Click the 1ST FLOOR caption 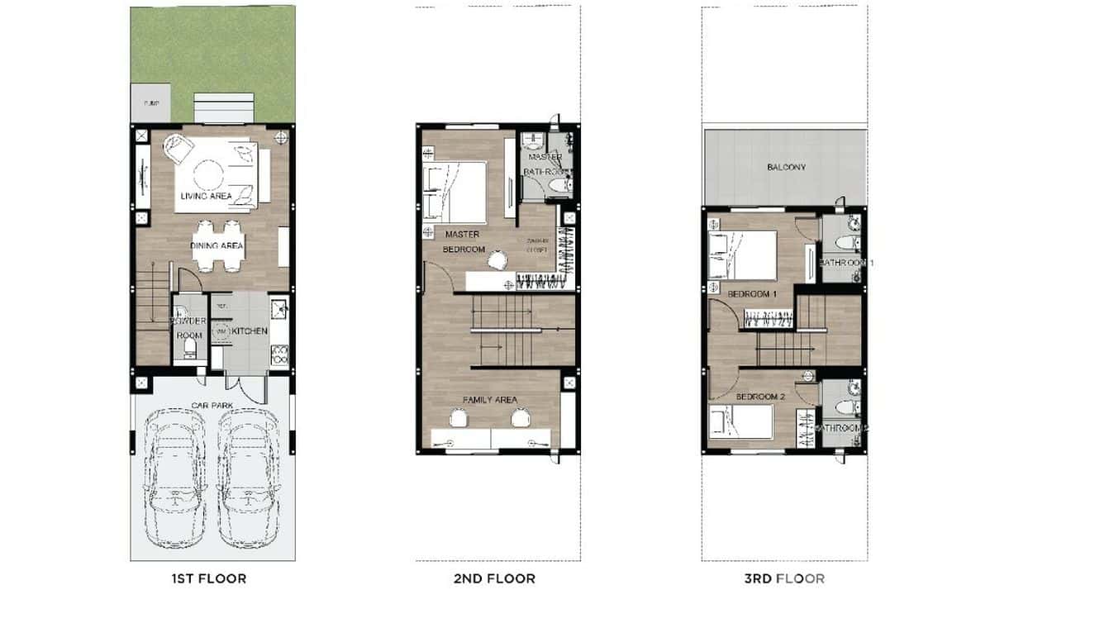pos(208,578)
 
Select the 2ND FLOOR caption pos(494,578)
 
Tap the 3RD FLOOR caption pos(784,578)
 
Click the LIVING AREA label pos(207,196)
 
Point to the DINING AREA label pos(217,245)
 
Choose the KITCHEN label pos(250,331)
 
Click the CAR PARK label pos(212,406)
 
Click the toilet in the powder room pos(189,352)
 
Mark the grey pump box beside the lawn pos(150,103)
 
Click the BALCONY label pos(786,167)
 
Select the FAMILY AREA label pos(490,400)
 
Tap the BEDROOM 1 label pos(752,294)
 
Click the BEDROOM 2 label pos(760,397)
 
